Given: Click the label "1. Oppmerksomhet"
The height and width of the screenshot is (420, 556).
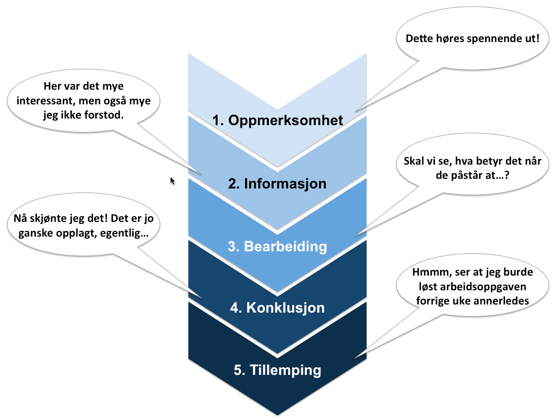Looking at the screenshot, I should click(277, 121).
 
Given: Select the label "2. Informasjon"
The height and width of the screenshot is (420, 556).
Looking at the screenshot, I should click(277, 183).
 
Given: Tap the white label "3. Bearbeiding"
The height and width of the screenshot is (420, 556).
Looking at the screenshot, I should click(277, 247).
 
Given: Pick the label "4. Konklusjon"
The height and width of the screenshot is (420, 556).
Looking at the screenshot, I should click(277, 308).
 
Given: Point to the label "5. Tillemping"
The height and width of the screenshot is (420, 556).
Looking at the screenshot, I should click(277, 370).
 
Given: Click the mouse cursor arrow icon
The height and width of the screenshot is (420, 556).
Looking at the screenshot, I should click(172, 181).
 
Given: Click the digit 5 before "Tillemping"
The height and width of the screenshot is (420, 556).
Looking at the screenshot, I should click(237, 370).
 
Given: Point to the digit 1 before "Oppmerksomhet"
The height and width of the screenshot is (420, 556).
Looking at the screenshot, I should click(216, 121).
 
